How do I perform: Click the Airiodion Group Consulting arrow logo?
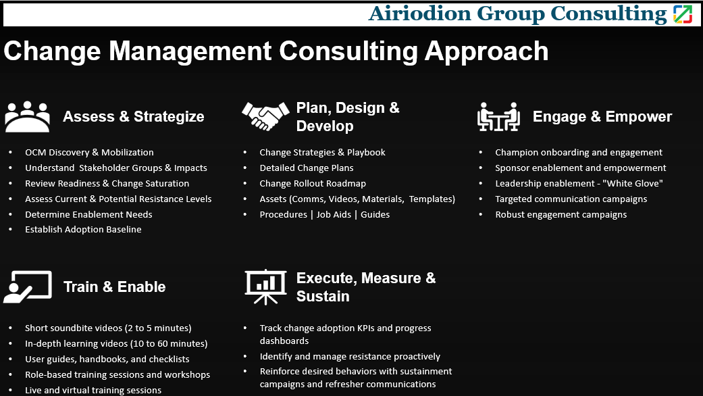(x=683, y=14)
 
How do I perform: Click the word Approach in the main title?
(x=486, y=51)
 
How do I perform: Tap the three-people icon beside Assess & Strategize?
(x=27, y=117)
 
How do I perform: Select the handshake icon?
(x=265, y=116)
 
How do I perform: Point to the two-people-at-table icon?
(x=498, y=117)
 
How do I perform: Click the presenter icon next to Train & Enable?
(x=27, y=287)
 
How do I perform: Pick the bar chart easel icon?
(x=265, y=287)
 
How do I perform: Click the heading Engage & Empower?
(x=602, y=117)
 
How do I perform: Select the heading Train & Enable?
(x=114, y=287)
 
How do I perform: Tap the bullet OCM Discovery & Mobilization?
(x=89, y=153)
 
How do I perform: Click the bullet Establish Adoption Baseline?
(x=83, y=230)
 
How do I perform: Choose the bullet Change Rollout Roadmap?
(x=313, y=183)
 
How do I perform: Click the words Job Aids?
(x=334, y=214)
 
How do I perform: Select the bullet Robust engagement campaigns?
(x=561, y=214)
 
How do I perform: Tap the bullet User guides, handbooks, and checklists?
(x=107, y=360)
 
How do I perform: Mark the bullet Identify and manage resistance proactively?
(x=350, y=357)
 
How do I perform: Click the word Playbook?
(x=366, y=153)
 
